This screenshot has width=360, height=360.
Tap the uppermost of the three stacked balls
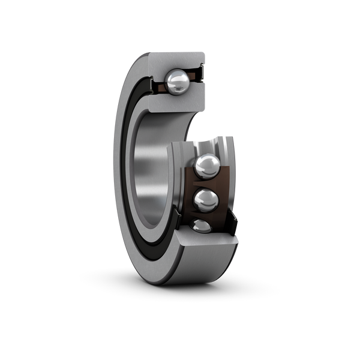206,166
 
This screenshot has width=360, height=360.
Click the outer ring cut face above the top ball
177,60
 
